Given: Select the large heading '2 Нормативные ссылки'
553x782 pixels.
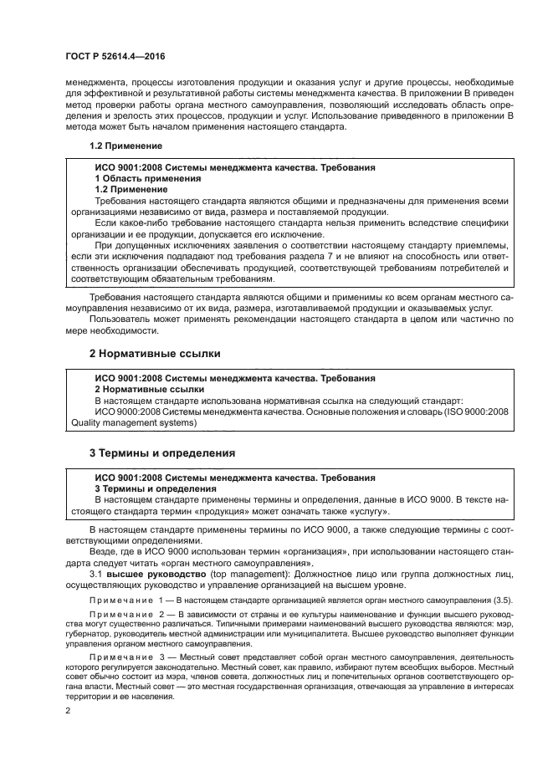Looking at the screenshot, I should click(155, 354).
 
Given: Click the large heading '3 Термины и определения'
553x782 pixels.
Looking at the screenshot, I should click(161, 452).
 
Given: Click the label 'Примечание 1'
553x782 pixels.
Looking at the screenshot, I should click(126, 601).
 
